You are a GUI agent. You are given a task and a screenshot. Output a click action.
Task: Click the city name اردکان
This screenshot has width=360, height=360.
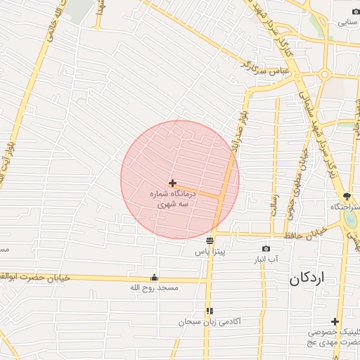point(308,278)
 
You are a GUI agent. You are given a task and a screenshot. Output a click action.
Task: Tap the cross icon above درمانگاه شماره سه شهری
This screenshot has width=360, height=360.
point(173,183)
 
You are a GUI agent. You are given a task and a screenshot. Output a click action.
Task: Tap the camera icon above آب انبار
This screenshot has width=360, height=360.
point(266,248)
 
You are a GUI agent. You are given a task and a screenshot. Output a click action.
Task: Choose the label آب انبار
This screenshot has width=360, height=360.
point(266,259)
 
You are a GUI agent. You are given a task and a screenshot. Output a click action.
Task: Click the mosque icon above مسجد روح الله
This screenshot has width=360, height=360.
point(155,277)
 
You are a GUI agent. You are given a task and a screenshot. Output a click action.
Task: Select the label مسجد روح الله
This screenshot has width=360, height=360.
point(155,288)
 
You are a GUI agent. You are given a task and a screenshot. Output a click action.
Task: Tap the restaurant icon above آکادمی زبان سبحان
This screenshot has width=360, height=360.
point(210,310)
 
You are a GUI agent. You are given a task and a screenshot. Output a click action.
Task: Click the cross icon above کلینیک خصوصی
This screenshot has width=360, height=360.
point(335,321)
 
